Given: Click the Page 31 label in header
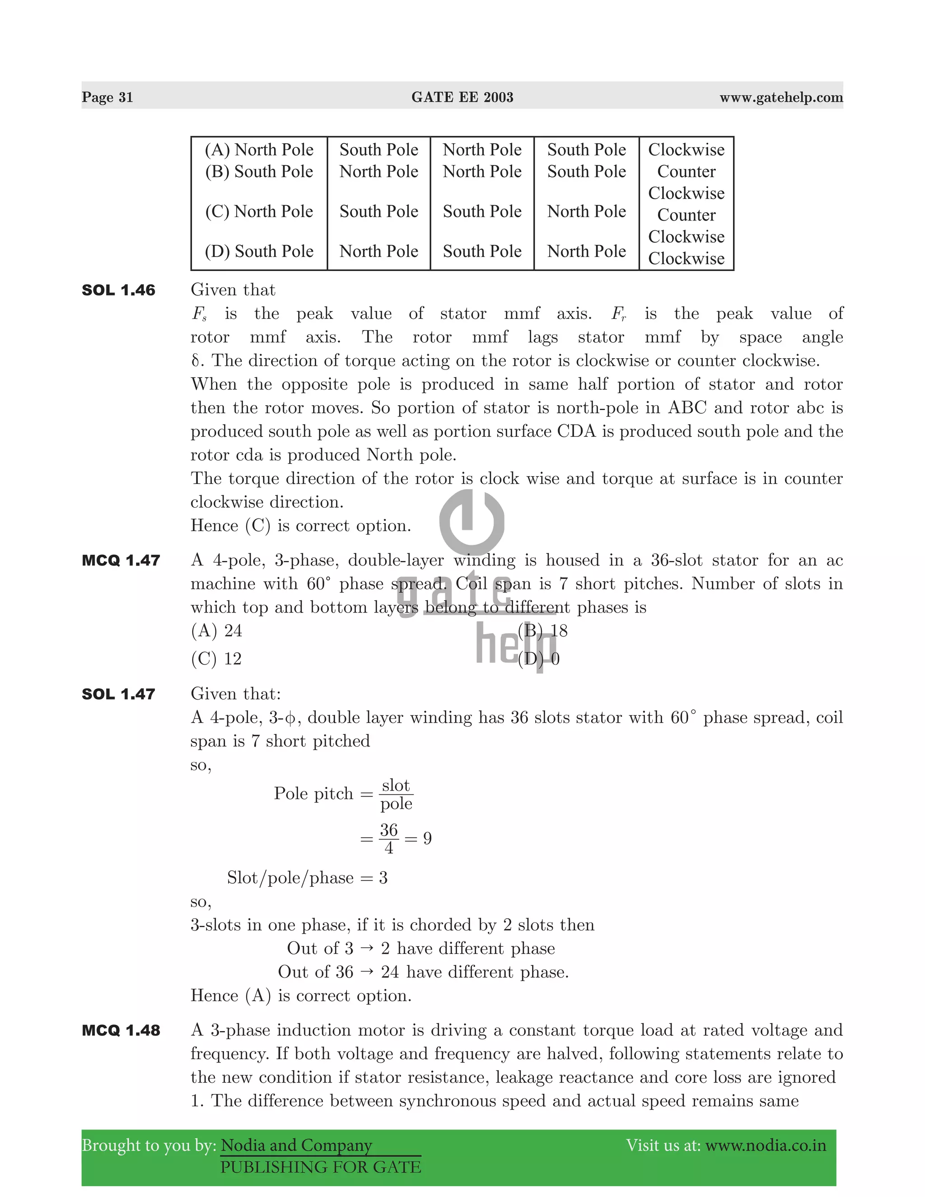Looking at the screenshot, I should (x=107, y=97).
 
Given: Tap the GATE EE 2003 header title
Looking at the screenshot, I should (x=462, y=97).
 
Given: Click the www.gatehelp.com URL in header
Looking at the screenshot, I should (x=781, y=97).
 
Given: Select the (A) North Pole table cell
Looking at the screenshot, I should (x=259, y=150).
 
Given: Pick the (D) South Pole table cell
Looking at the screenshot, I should (x=259, y=251).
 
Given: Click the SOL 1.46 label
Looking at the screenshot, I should (x=118, y=290).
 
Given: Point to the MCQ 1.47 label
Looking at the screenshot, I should (x=121, y=560).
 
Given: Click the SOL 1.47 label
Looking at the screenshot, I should (x=118, y=694).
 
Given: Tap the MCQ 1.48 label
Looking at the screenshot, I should (x=121, y=1030).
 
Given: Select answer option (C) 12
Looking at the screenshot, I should (x=216, y=658).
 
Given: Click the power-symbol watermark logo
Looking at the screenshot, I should (x=472, y=522).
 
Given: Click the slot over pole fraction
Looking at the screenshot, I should (x=396, y=794).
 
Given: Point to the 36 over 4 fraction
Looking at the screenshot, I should (x=388, y=838).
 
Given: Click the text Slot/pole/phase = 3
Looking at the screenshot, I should (x=307, y=878).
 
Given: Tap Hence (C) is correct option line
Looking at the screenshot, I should (x=300, y=526).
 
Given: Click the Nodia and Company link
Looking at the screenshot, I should (x=296, y=1146).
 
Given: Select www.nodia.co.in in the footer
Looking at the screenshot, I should (x=765, y=1146).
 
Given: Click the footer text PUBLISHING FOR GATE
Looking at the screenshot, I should (x=321, y=1167).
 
